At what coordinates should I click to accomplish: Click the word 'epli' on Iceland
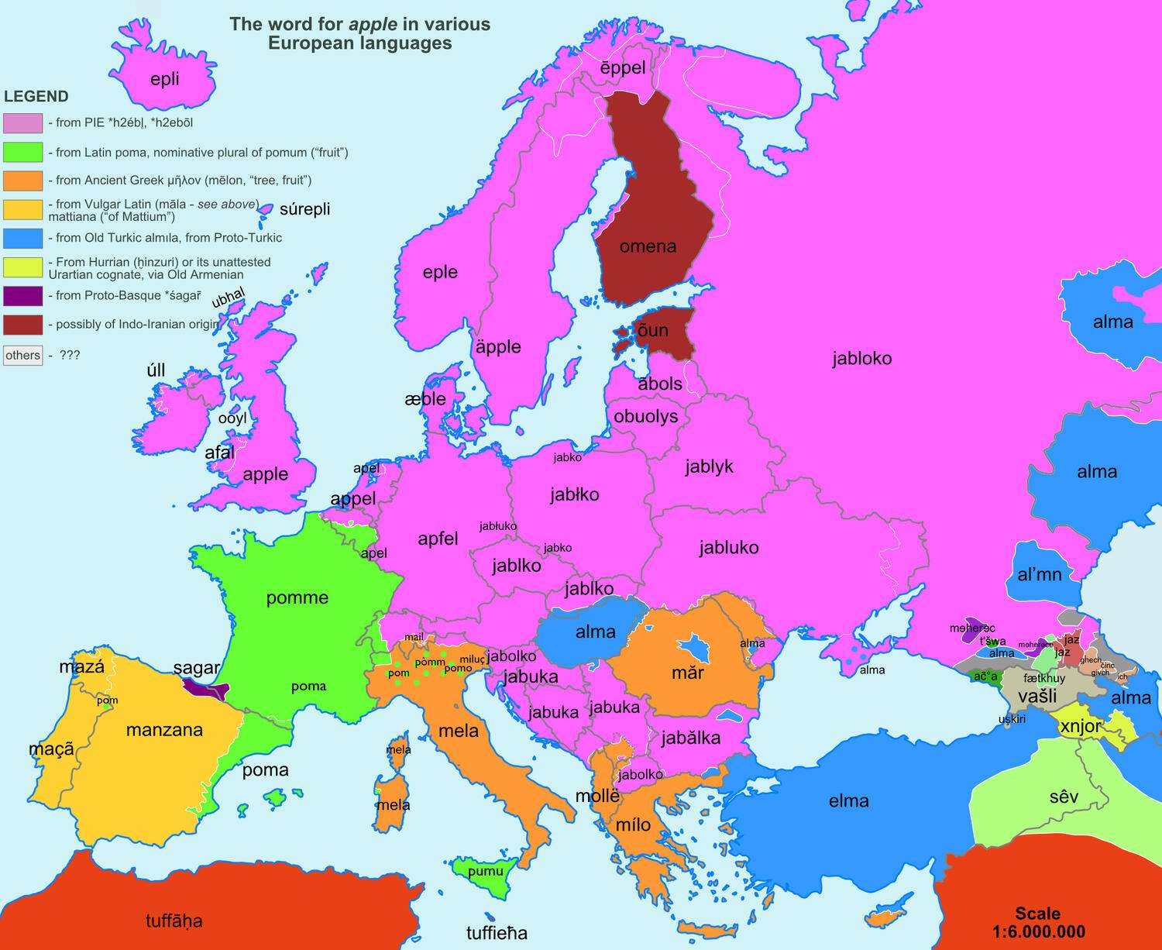(x=164, y=79)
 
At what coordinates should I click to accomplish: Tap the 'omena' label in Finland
(x=648, y=246)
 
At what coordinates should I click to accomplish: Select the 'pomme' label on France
(x=297, y=597)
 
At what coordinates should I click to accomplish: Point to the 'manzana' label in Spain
(x=164, y=730)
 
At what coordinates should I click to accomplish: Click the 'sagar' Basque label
(x=197, y=668)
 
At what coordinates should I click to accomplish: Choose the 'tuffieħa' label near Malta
(x=497, y=933)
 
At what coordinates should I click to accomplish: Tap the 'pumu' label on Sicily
(x=486, y=871)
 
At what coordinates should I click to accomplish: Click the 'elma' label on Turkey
(x=849, y=800)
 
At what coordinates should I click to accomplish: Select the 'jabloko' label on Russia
(x=862, y=358)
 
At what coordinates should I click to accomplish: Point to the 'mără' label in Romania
(x=687, y=672)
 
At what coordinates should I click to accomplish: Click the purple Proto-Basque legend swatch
(x=22, y=296)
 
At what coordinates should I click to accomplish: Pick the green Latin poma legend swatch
(x=22, y=152)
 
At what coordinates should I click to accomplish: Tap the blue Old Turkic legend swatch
(x=22, y=238)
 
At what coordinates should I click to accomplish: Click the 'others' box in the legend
(x=22, y=355)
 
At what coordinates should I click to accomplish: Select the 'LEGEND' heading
(x=36, y=96)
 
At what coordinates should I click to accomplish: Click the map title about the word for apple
(x=360, y=33)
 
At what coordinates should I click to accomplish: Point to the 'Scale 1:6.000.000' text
(x=1038, y=922)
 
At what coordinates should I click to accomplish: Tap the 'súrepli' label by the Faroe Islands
(x=304, y=209)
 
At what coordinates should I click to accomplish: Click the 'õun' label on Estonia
(x=652, y=330)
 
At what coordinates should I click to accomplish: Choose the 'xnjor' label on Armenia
(x=1080, y=726)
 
